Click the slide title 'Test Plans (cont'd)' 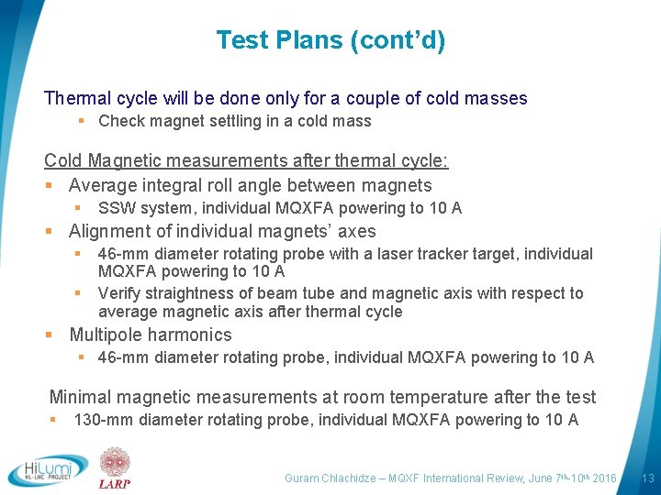tap(330, 40)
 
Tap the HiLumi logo tap(48, 470)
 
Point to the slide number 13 tap(647, 478)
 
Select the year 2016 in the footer tap(604, 478)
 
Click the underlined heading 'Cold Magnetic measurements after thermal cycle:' tap(246, 161)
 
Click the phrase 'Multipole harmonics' tap(151, 335)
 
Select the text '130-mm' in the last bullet tap(100, 420)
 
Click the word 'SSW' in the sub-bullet tap(115, 208)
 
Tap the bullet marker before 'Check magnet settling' tap(82, 121)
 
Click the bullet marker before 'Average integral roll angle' tap(50, 185)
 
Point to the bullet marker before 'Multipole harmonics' tap(50, 335)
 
